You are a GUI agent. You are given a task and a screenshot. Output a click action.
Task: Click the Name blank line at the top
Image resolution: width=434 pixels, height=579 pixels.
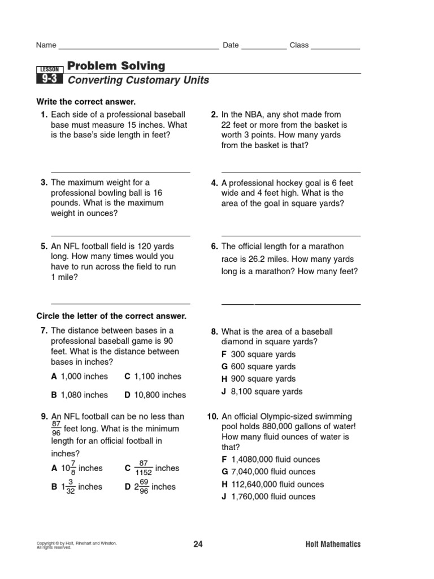coord(138,49)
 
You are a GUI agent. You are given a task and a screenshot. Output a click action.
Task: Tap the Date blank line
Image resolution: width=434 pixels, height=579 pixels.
coord(264,49)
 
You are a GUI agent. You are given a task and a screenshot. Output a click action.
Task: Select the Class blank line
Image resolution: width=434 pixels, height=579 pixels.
coord(335,49)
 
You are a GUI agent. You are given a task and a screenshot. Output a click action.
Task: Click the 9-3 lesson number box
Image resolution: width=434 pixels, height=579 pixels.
coord(49,80)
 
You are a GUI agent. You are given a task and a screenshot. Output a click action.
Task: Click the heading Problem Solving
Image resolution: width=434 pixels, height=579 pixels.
coord(116,66)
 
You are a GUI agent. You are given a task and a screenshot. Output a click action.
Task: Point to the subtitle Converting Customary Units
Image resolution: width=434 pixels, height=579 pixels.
coord(138,80)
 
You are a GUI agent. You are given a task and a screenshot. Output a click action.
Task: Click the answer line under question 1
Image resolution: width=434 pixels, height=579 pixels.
coord(121,171)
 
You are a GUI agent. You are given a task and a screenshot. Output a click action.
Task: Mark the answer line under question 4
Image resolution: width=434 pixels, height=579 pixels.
coord(291,235)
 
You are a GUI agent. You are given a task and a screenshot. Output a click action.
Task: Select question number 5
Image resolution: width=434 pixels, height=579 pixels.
coord(44,247)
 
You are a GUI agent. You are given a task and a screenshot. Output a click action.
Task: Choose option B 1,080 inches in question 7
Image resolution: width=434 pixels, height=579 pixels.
coord(79,395)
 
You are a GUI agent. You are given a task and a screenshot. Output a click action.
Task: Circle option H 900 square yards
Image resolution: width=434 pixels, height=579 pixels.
coord(258,379)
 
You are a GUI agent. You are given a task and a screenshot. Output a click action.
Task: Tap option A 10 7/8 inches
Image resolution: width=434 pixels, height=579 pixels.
coord(77,468)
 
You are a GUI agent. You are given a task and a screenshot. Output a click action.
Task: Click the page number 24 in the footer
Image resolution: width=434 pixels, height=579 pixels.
coord(198,545)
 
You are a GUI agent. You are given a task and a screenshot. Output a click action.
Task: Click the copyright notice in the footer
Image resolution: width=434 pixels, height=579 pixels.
coord(76,545)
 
